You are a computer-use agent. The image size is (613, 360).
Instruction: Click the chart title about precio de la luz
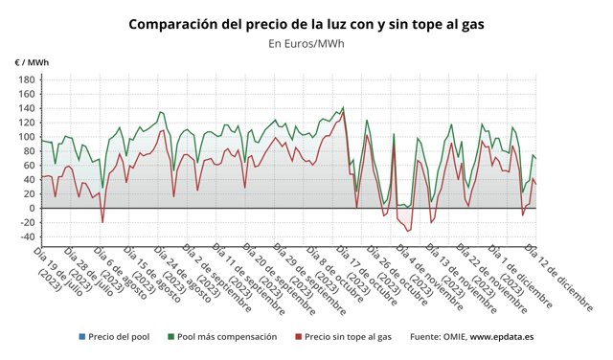[x=306, y=22]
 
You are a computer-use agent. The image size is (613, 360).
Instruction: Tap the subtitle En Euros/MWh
[x=306, y=43]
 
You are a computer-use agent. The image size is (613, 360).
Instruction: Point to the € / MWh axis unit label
[x=32, y=62]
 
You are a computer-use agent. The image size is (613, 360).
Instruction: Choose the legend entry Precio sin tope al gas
[x=347, y=337]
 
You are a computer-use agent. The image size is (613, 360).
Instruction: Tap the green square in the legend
[x=170, y=337]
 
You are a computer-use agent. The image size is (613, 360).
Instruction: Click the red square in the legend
[x=299, y=337]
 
